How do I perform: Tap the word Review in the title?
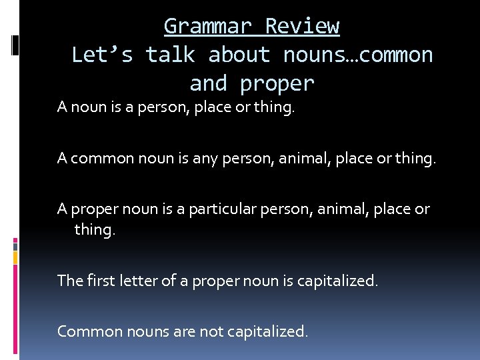click(303, 26)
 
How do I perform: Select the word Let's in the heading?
click(102, 55)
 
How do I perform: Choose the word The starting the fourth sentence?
click(69, 280)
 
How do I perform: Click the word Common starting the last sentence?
click(87, 331)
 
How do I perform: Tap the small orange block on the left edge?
click(15, 256)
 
